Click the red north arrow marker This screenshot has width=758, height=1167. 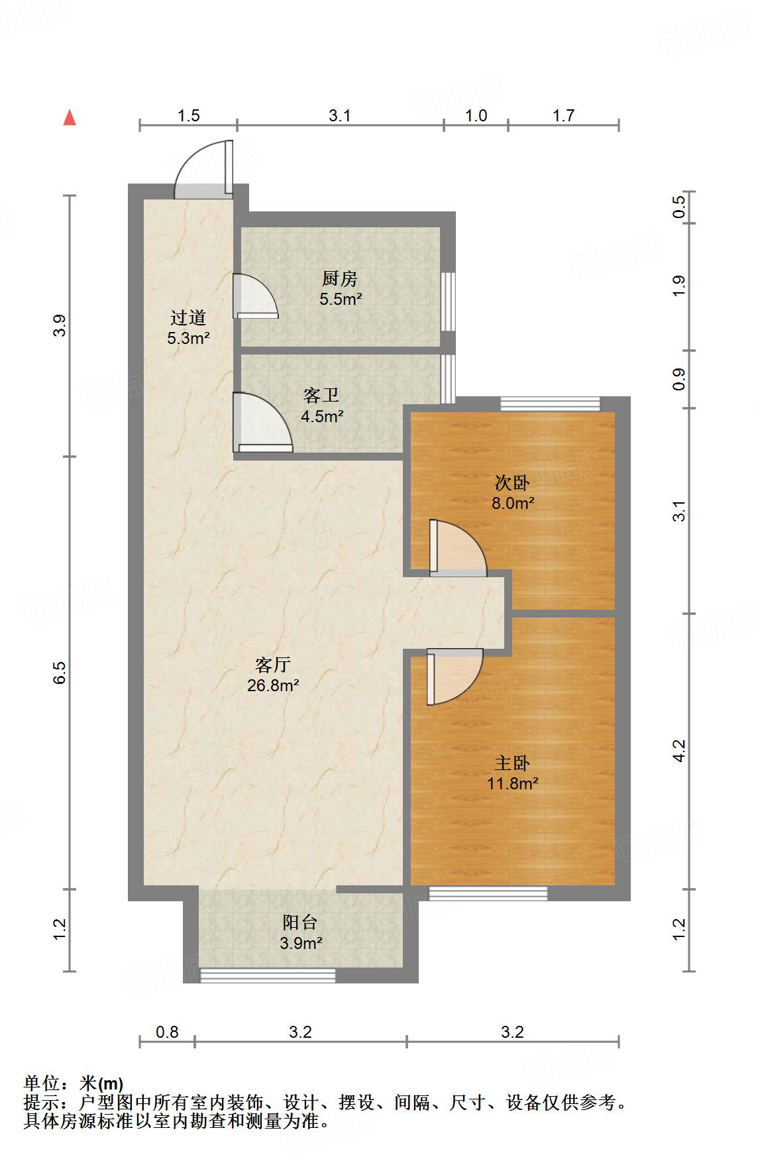point(70,118)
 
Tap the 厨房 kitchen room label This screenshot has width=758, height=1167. point(340,278)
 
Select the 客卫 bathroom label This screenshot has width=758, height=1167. point(321,396)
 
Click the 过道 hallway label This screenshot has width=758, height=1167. point(189,318)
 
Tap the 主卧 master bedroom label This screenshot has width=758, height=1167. point(512,763)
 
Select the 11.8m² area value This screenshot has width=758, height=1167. point(512,784)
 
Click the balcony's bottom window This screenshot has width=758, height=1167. point(268,975)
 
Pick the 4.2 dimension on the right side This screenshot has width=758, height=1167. point(678,751)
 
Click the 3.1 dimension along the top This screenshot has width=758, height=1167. point(340,115)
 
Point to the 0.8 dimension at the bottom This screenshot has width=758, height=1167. point(167,1032)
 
